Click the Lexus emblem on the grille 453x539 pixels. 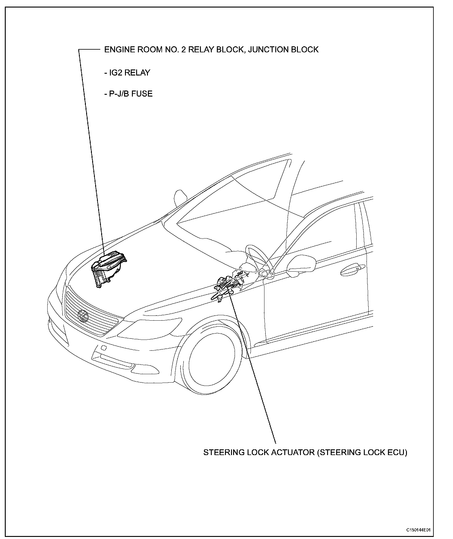[x=82, y=315]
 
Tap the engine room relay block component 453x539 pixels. [x=109, y=267]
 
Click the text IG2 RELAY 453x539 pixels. [x=127, y=73]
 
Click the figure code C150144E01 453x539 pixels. [x=418, y=529]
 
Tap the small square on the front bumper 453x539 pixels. [x=103, y=348]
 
